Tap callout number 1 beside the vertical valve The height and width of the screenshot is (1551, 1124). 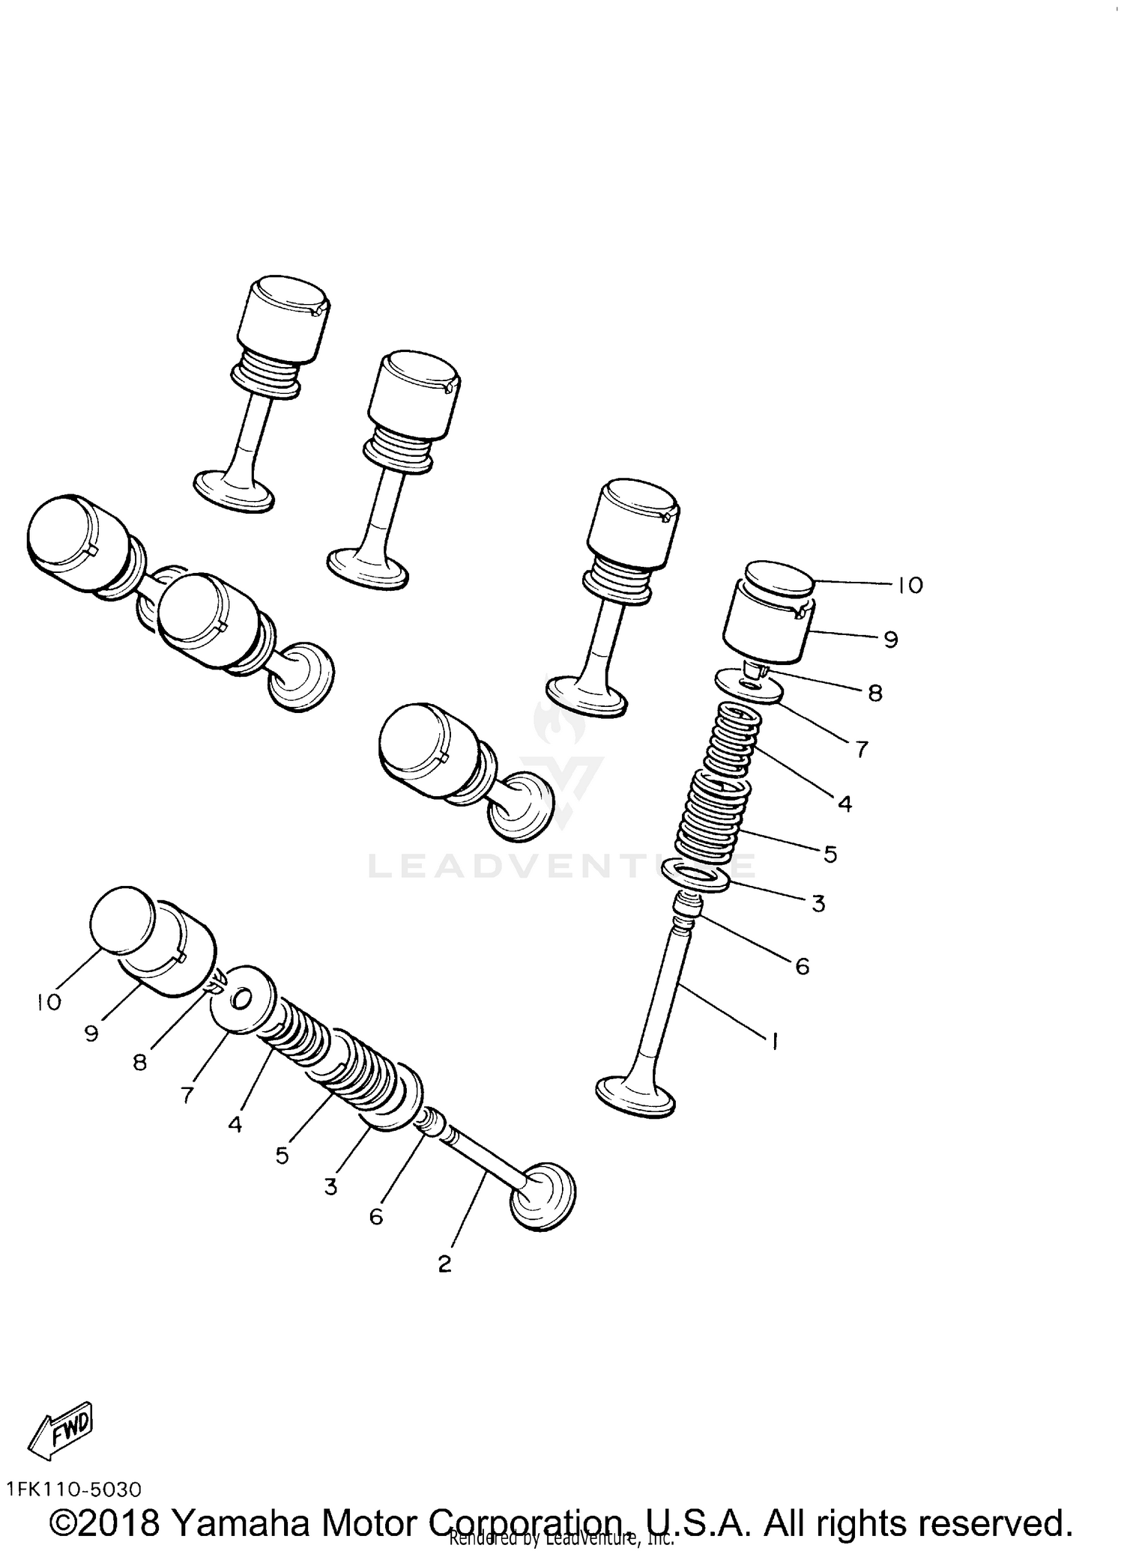[774, 1040]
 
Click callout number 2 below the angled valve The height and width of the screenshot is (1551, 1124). [444, 1264]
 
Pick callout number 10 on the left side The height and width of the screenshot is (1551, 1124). [49, 1002]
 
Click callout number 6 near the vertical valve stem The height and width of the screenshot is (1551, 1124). [802, 967]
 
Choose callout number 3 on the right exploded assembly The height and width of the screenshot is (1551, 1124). [818, 904]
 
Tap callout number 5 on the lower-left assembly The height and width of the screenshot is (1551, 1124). [282, 1156]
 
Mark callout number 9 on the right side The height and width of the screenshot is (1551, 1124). [890, 640]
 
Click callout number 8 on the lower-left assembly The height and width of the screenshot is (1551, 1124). [140, 1062]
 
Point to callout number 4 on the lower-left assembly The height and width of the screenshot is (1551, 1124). [235, 1124]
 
